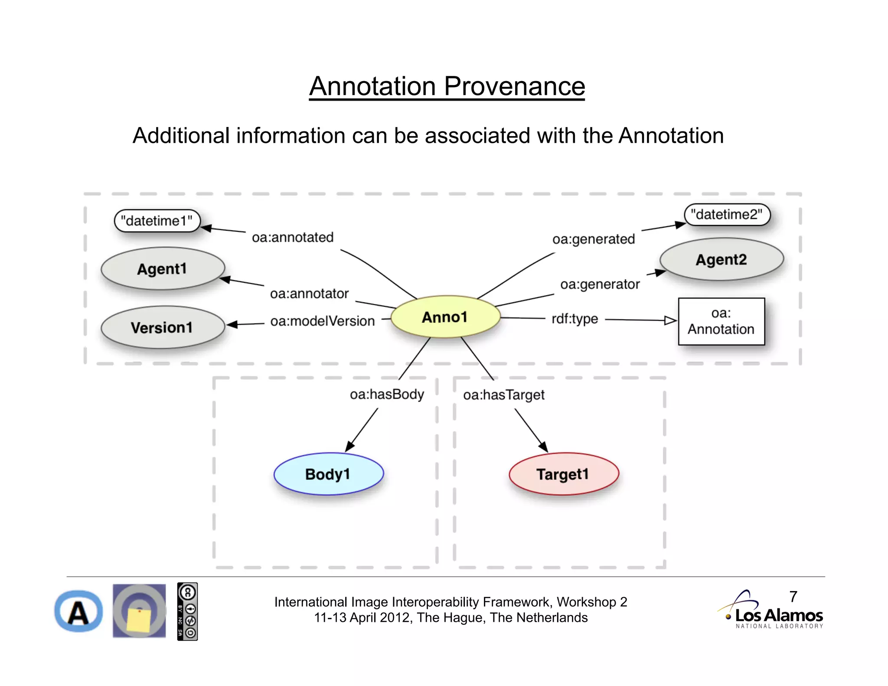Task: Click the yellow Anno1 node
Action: [x=445, y=317]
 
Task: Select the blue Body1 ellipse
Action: [x=328, y=474]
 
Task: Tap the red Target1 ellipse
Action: [x=563, y=474]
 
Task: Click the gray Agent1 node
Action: [x=162, y=269]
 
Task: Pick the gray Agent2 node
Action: [x=721, y=259]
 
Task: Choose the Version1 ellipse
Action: [x=162, y=327]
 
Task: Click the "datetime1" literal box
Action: [x=157, y=221]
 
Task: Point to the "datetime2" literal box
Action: [x=727, y=215]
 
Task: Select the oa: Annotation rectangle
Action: [x=721, y=321]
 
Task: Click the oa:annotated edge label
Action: [x=293, y=238]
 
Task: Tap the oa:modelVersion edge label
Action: [x=322, y=321]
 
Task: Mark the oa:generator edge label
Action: [x=600, y=284]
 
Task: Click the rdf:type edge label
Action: [x=575, y=319]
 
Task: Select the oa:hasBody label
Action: [x=387, y=394]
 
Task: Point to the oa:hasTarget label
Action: [x=503, y=395]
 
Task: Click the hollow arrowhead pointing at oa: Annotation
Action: [x=670, y=320]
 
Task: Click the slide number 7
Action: [x=793, y=597]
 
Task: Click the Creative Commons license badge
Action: [x=187, y=611]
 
